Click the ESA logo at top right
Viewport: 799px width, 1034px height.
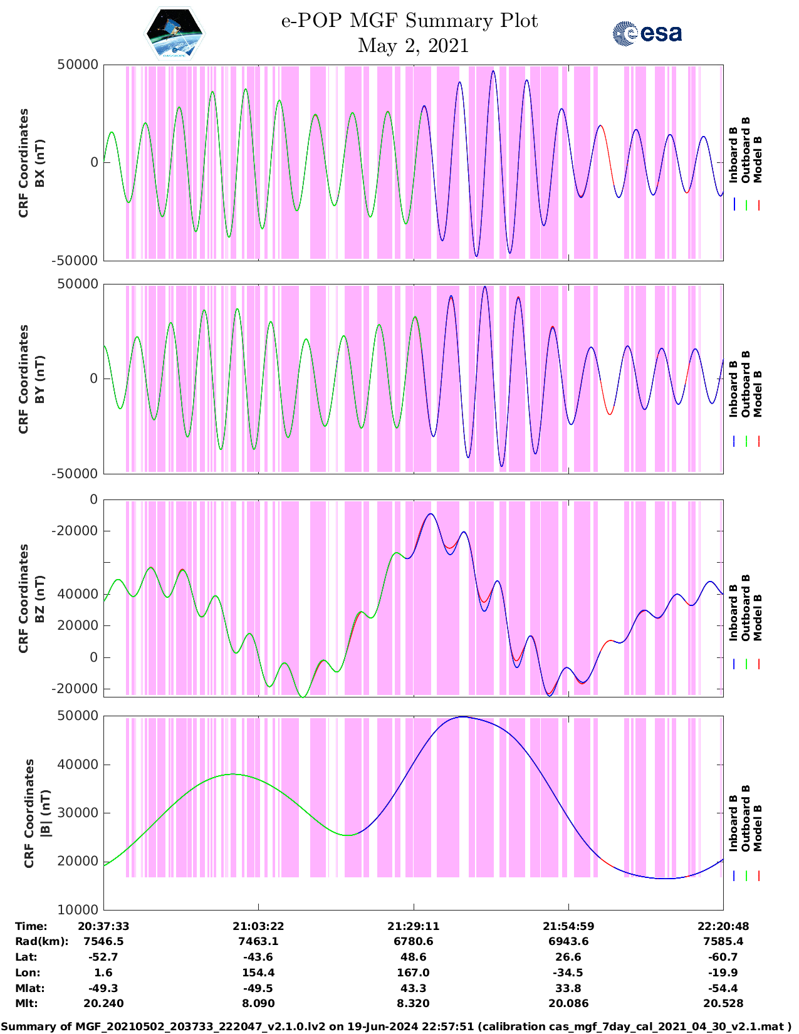pos(647,33)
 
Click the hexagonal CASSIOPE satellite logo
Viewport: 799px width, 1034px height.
pos(175,33)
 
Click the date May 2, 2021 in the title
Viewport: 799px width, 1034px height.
pos(413,46)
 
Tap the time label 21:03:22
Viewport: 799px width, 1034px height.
pos(258,926)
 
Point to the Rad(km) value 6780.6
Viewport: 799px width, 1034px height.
pos(413,941)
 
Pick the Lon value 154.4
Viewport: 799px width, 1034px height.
pos(258,973)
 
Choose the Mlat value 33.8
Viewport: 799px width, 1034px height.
pos(568,988)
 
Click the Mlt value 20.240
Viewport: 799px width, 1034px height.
pos(103,1003)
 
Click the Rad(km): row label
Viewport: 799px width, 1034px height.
pos(41,941)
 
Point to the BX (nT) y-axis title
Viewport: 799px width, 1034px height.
pos(39,163)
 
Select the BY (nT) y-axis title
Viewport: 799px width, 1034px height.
pos(39,379)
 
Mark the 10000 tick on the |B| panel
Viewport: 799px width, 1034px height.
pos(83,909)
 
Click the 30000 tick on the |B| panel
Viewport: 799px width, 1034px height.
pos(83,813)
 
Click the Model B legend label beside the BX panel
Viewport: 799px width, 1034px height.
pos(758,159)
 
